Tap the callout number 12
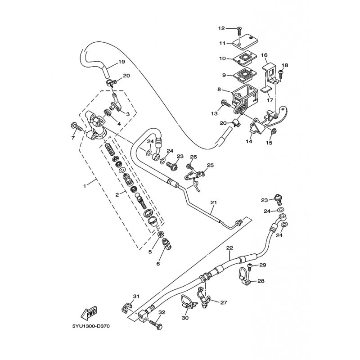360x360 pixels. pyautogui.click(x=221, y=28)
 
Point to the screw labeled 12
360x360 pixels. pyautogui.click(x=238, y=31)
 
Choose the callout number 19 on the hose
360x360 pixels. pyautogui.click(x=109, y=61)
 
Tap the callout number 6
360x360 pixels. pyautogui.click(x=158, y=264)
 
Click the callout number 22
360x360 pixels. pyautogui.click(x=229, y=248)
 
